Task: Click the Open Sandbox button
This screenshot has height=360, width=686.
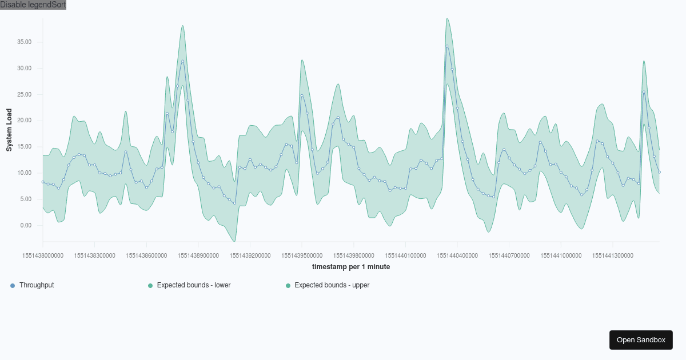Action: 641,339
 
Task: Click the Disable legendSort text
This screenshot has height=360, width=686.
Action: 33,5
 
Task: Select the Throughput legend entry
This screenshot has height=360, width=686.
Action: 37,285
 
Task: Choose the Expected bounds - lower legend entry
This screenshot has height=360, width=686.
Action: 193,285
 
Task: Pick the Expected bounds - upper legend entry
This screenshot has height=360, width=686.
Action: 332,285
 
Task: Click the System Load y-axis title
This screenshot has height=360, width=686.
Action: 9,130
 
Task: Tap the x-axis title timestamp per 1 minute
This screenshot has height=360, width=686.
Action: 351,267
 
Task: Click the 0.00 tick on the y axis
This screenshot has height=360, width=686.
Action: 26,226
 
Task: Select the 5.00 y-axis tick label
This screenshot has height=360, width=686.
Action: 26,199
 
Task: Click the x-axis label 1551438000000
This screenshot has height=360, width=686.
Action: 43,256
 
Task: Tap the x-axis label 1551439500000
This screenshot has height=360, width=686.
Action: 302,256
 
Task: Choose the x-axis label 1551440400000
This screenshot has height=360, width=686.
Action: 457,256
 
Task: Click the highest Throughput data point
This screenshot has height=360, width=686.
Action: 447,46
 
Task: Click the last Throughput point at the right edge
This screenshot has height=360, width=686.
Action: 659,172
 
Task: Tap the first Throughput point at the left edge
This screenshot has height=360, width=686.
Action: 43,182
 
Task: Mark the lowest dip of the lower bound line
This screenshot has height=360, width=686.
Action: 234,241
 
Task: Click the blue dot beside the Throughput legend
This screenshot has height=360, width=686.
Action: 13,285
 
